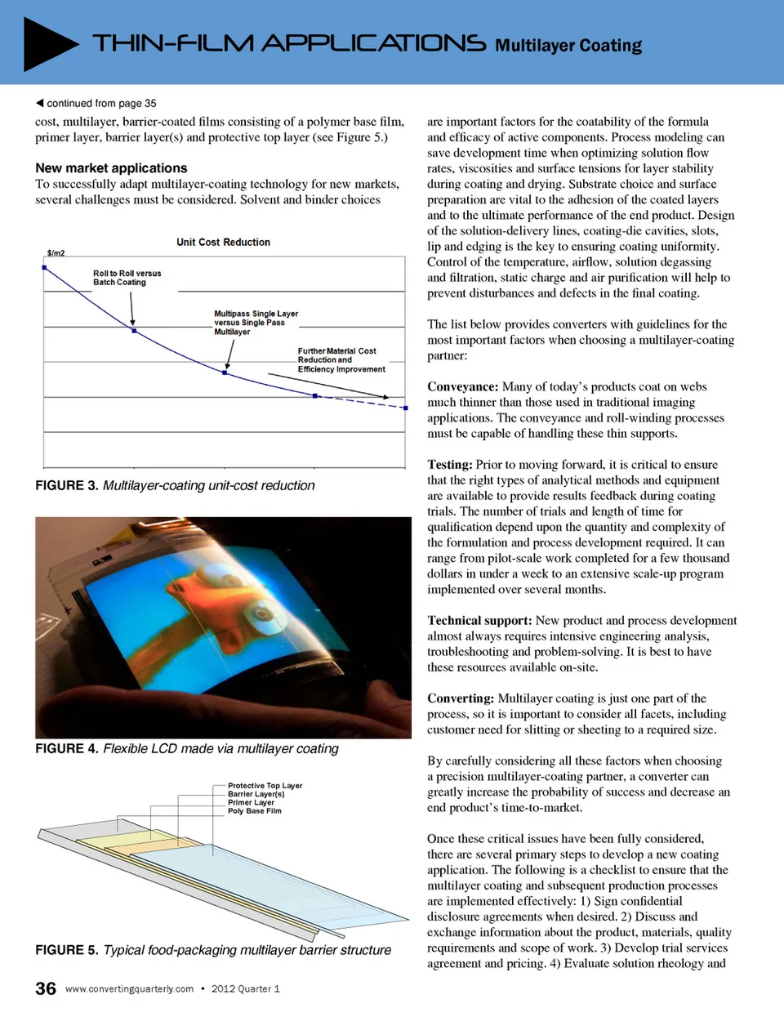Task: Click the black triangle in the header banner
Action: tap(47, 43)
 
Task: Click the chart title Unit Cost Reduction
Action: tap(223, 243)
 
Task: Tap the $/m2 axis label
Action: tap(56, 253)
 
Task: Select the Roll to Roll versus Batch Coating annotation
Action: tap(127, 278)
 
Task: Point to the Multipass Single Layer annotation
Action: tap(256, 323)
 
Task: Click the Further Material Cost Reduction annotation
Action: tap(341, 360)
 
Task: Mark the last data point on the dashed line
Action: tap(406, 407)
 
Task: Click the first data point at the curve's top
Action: tap(44, 267)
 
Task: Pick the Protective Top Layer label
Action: tap(265, 786)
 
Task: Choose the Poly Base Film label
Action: tap(254, 811)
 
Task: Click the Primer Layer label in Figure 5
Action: tap(251, 803)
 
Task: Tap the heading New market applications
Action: tap(111, 168)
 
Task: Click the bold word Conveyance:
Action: tap(462, 387)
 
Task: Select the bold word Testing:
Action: tap(449, 465)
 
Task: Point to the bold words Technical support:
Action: tap(479, 621)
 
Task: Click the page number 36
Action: tap(46, 988)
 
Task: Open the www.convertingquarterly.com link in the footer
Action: tap(129, 989)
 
